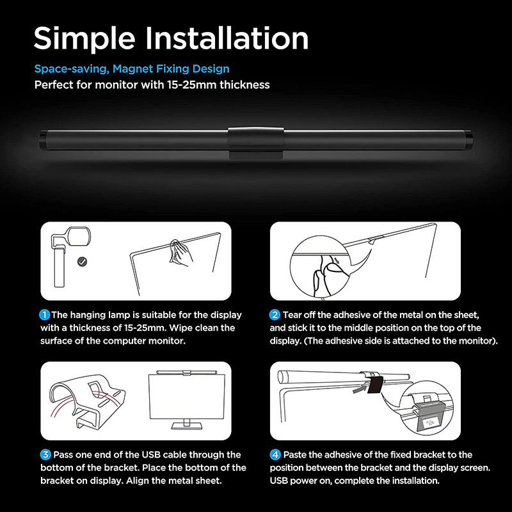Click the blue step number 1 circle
pos(45,315)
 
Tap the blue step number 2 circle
pos(275,315)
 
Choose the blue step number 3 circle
pos(45,455)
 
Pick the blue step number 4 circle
pos(275,455)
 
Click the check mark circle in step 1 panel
pos(82,262)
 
